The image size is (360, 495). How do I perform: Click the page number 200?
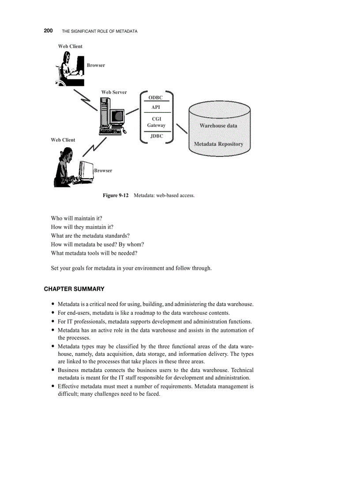(48, 31)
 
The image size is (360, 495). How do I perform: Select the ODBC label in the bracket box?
(155, 97)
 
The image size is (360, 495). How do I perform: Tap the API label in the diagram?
(156, 107)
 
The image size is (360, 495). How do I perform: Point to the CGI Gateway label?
(156, 122)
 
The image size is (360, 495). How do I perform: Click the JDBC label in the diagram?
(156, 136)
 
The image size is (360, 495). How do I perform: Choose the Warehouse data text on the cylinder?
(218, 126)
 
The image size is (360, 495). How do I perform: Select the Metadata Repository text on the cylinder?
(218, 144)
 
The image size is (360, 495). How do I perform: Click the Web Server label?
(114, 92)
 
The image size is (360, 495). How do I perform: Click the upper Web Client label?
(70, 46)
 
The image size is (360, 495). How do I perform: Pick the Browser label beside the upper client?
(96, 65)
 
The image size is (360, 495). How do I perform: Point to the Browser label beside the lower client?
(103, 171)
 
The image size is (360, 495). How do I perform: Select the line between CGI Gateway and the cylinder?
(181, 130)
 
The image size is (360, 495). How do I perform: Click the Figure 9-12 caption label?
(116, 195)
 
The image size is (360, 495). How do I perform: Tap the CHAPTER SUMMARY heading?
(74, 289)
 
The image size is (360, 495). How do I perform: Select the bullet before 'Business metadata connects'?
(53, 371)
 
